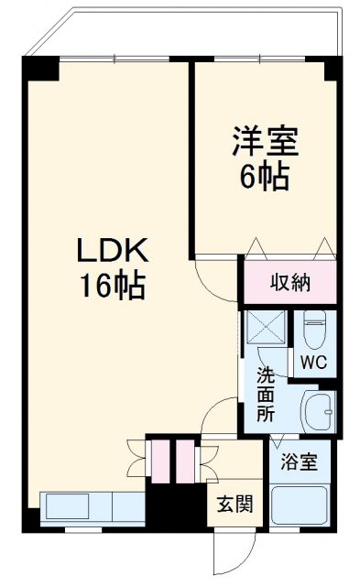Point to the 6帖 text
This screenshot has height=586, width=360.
click(x=264, y=175)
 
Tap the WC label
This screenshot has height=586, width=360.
click(x=311, y=362)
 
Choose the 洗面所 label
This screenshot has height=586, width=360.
click(x=265, y=395)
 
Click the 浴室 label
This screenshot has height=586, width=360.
click(x=299, y=461)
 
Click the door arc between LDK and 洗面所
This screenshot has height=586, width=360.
click(x=218, y=419)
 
